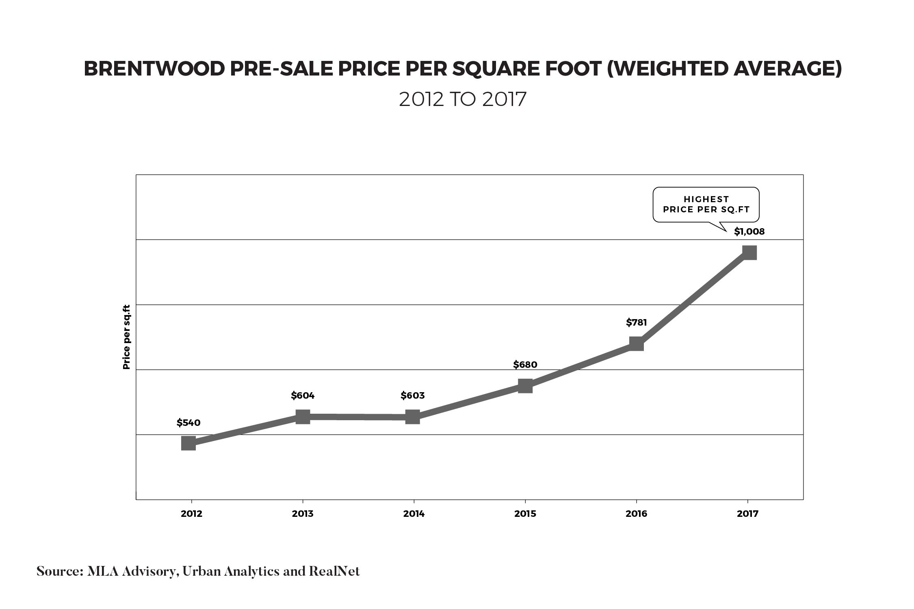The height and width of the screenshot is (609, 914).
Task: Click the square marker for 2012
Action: [x=188, y=444]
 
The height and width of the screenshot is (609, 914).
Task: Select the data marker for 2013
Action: [x=303, y=417]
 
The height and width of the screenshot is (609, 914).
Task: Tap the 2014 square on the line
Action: [x=413, y=417]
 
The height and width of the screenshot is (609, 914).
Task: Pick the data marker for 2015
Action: [x=525, y=386]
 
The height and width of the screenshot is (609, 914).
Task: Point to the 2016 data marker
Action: [x=636, y=344]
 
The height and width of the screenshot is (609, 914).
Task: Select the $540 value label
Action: [x=188, y=423]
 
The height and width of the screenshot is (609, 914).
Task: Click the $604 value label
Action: [x=303, y=395]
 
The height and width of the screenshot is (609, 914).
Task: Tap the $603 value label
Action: [x=413, y=395]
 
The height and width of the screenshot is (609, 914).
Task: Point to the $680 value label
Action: [x=525, y=365]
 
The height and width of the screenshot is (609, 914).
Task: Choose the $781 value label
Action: [x=636, y=322]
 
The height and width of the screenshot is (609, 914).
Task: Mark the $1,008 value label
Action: [x=749, y=231]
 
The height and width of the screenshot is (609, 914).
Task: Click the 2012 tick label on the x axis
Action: [x=191, y=514]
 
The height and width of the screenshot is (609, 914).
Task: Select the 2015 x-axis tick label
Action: [x=525, y=514]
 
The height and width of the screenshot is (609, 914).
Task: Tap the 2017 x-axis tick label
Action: [x=748, y=514]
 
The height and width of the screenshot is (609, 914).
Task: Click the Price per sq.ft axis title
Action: [x=127, y=337]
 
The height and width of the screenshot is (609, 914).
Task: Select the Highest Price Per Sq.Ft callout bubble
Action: [x=706, y=205]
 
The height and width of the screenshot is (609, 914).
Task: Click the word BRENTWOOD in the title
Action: [x=154, y=69]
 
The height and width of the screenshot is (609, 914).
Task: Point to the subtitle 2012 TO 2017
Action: [x=463, y=99]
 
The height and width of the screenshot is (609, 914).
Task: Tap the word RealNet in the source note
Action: [x=334, y=572]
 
